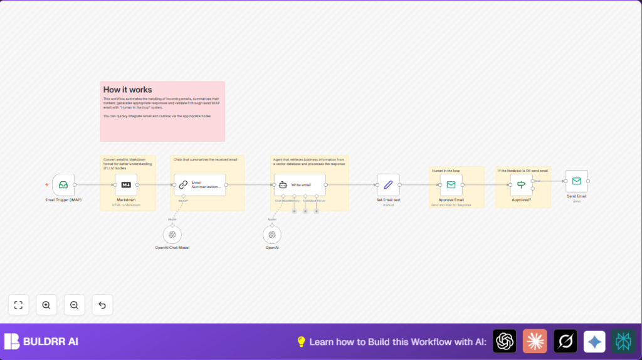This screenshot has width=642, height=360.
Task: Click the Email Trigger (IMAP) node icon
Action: pyautogui.click(x=63, y=185)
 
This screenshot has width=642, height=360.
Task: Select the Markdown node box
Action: pyautogui.click(x=126, y=185)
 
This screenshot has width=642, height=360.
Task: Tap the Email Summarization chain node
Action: pyautogui.click(x=200, y=185)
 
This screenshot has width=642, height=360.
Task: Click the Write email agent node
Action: pyautogui.click(x=300, y=185)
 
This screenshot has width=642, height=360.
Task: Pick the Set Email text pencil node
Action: pyautogui.click(x=388, y=185)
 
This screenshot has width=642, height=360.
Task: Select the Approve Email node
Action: pyautogui.click(x=451, y=185)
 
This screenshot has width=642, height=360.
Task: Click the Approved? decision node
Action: pyautogui.click(x=521, y=185)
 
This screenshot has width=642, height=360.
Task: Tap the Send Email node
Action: pyautogui.click(x=576, y=181)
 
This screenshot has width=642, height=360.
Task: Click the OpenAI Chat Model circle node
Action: pyautogui.click(x=172, y=235)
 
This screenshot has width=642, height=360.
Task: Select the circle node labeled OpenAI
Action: pyautogui.click(x=272, y=235)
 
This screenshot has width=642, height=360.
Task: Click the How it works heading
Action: pyautogui.click(x=128, y=90)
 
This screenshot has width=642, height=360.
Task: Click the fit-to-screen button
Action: pyautogui.click(x=18, y=305)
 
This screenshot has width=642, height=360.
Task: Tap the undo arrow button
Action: pyautogui.click(x=102, y=305)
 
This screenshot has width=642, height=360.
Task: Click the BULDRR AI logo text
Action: pyautogui.click(x=51, y=342)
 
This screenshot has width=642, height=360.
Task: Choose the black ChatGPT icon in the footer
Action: pyautogui.click(x=504, y=341)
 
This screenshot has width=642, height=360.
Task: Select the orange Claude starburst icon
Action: pyautogui.click(x=535, y=341)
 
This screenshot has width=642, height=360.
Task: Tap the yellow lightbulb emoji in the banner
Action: pyautogui.click(x=301, y=342)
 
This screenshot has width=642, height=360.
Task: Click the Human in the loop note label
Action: pyautogui.click(x=446, y=171)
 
